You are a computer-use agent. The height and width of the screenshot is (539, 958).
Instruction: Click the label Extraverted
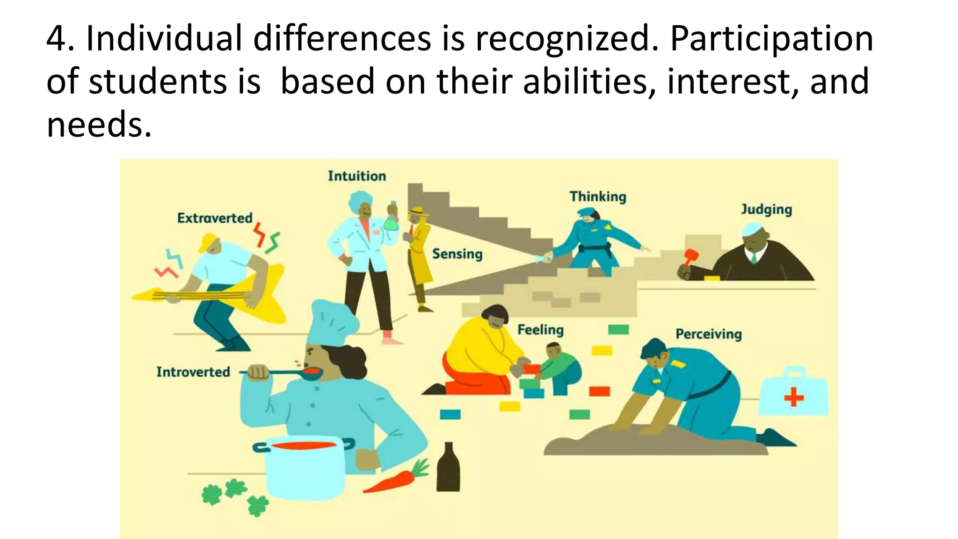pyautogui.click(x=215, y=218)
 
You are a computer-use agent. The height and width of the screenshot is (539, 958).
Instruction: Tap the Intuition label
pyautogui.click(x=357, y=176)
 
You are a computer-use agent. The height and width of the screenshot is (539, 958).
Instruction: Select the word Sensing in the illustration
pyautogui.click(x=457, y=254)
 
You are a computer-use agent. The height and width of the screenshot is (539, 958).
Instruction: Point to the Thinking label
pyautogui.click(x=598, y=197)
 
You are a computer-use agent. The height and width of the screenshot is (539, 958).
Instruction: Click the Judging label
pyautogui.click(x=766, y=209)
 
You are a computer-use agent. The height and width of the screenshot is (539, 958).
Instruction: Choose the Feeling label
pyautogui.click(x=540, y=330)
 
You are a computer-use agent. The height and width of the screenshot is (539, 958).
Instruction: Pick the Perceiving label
pyautogui.click(x=709, y=334)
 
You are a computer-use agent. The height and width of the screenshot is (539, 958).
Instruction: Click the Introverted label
pyautogui.click(x=193, y=372)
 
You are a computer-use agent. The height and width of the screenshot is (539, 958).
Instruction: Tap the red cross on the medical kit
pyautogui.click(x=794, y=398)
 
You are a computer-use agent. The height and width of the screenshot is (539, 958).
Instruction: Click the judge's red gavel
pyautogui.click(x=690, y=256)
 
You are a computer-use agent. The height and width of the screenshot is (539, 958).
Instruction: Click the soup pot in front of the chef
pyautogui.click(x=304, y=466)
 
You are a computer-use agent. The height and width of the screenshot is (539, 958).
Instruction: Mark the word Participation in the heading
pyautogui.click(x=771, y=38)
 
